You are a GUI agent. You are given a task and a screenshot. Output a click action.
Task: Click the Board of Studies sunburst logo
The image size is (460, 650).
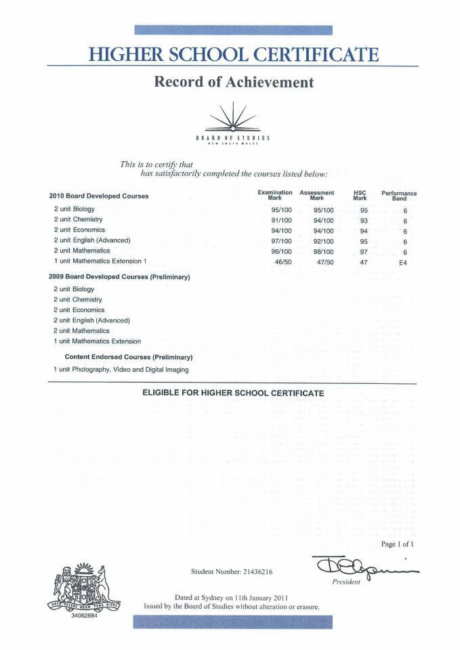click(x=233, y=118)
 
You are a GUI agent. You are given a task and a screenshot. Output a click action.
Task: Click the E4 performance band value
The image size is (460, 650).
click(x=404, y=261)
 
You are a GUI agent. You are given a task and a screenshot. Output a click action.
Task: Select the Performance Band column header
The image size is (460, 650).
click(x=399, y=196)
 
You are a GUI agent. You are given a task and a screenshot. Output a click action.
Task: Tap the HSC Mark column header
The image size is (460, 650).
click(x=360, y=195)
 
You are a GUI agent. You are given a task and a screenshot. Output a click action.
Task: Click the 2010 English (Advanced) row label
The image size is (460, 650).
click(x=92, y=240)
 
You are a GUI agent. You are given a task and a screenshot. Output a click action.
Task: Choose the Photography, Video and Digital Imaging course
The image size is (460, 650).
click(x=121, y=370)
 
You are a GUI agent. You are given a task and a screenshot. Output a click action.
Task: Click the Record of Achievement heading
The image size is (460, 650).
click(x=234, y=83)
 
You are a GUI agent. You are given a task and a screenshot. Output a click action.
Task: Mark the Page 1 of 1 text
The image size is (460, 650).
click(x=398, y=544)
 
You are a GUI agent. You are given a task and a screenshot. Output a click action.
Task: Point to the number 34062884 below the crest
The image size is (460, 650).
click(x=84, y=616)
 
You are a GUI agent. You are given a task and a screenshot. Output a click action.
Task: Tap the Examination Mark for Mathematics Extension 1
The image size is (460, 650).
click(x=281, y=261)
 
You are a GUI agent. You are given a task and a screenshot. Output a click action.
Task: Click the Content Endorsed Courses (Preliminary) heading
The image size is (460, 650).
click(x=129, y=357)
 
